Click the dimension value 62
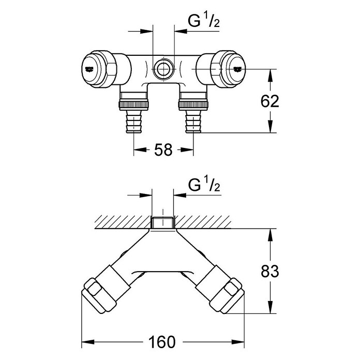[x=270, y=101]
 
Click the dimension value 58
[x=163, y=149]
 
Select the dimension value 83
[x=270, y=271]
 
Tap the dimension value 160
[x=162, y=342]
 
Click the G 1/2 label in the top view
[x=204, y=21]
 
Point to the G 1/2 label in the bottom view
[x=204, y=185]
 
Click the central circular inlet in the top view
[x=163, y=69]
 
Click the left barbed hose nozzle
[x=133, y=121]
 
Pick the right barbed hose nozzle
[x=193, y=121]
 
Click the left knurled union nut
[x=133, y=104]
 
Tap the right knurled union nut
[x=193, y=104]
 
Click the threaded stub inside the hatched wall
[x=163, y=222]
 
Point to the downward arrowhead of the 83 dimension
[x=270, y=307]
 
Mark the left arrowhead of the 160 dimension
[x=88, y=342]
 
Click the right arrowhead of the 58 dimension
[x=187, y=149]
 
